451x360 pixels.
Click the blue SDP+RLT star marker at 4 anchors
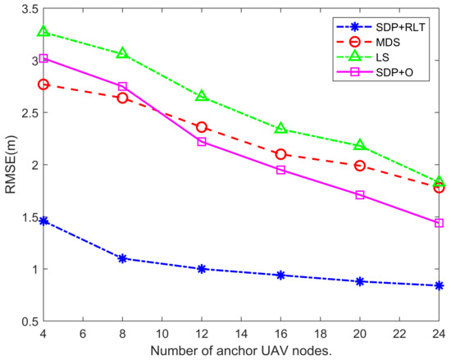click(x=43, y=221)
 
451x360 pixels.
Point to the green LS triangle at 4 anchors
click(x=43, y=32)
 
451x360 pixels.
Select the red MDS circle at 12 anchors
click(x=202, y=127)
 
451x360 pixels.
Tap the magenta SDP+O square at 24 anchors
click(x=440, y=223)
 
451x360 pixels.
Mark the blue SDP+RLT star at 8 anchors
click(x=123, y=258)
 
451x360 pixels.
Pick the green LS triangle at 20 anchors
click(x=360, y=145)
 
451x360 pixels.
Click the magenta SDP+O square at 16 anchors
click(x=280, y=170)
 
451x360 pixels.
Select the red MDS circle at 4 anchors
click(x=43, y=84)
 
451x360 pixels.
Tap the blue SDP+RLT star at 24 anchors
click(x=440, y=285)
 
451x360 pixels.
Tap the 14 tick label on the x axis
click(x=241, y=334)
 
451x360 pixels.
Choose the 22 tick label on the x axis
click(x=399, y=334)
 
